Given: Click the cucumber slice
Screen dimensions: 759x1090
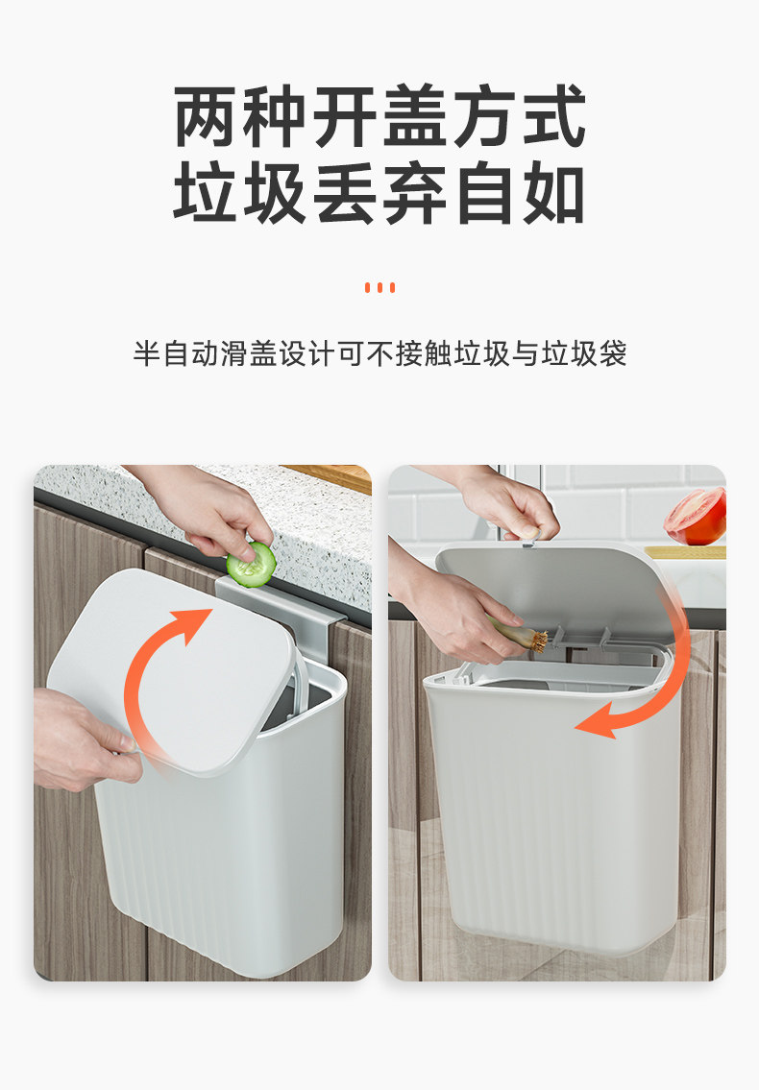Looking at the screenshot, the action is [251, 565].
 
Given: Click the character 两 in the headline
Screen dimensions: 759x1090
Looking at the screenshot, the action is [206, 116].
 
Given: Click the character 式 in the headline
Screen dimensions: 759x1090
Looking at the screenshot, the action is [554, 116].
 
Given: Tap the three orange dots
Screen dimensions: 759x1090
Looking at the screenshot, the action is [379, 288].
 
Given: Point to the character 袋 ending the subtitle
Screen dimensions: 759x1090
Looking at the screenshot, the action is [612, 353].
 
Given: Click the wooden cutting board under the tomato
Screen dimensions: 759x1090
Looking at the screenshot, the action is [685, 552].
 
